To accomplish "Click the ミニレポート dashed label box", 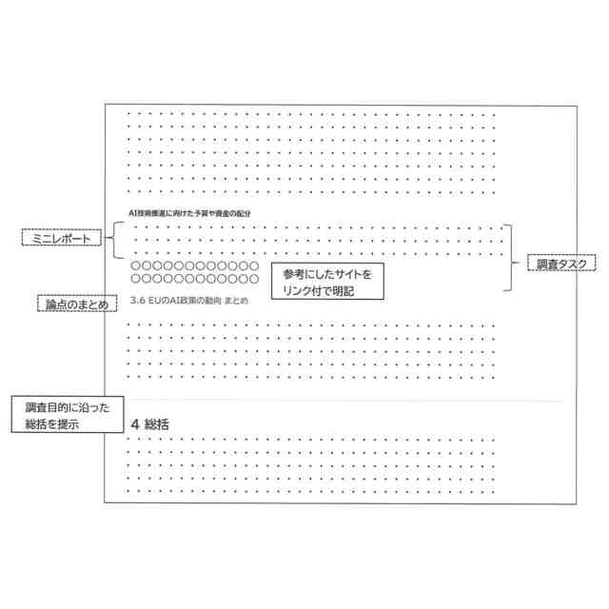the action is tap(60, 240).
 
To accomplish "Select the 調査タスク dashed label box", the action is tap(560, 264).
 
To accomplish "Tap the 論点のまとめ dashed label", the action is tap(76, 304).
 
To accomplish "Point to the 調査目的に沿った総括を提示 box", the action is tap(67, 416).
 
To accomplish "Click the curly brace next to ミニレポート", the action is tap(114, 239).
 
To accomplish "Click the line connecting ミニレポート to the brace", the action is tap(103, 240).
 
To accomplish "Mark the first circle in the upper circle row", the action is tap(136, 266).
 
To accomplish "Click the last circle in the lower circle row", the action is tap(253, 280).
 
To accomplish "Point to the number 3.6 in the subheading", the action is tap(136, 302).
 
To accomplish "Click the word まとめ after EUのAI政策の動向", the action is tap(236, 302).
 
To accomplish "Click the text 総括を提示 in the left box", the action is tap(51, 424).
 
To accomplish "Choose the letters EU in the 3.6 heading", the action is tap(158, 302).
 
